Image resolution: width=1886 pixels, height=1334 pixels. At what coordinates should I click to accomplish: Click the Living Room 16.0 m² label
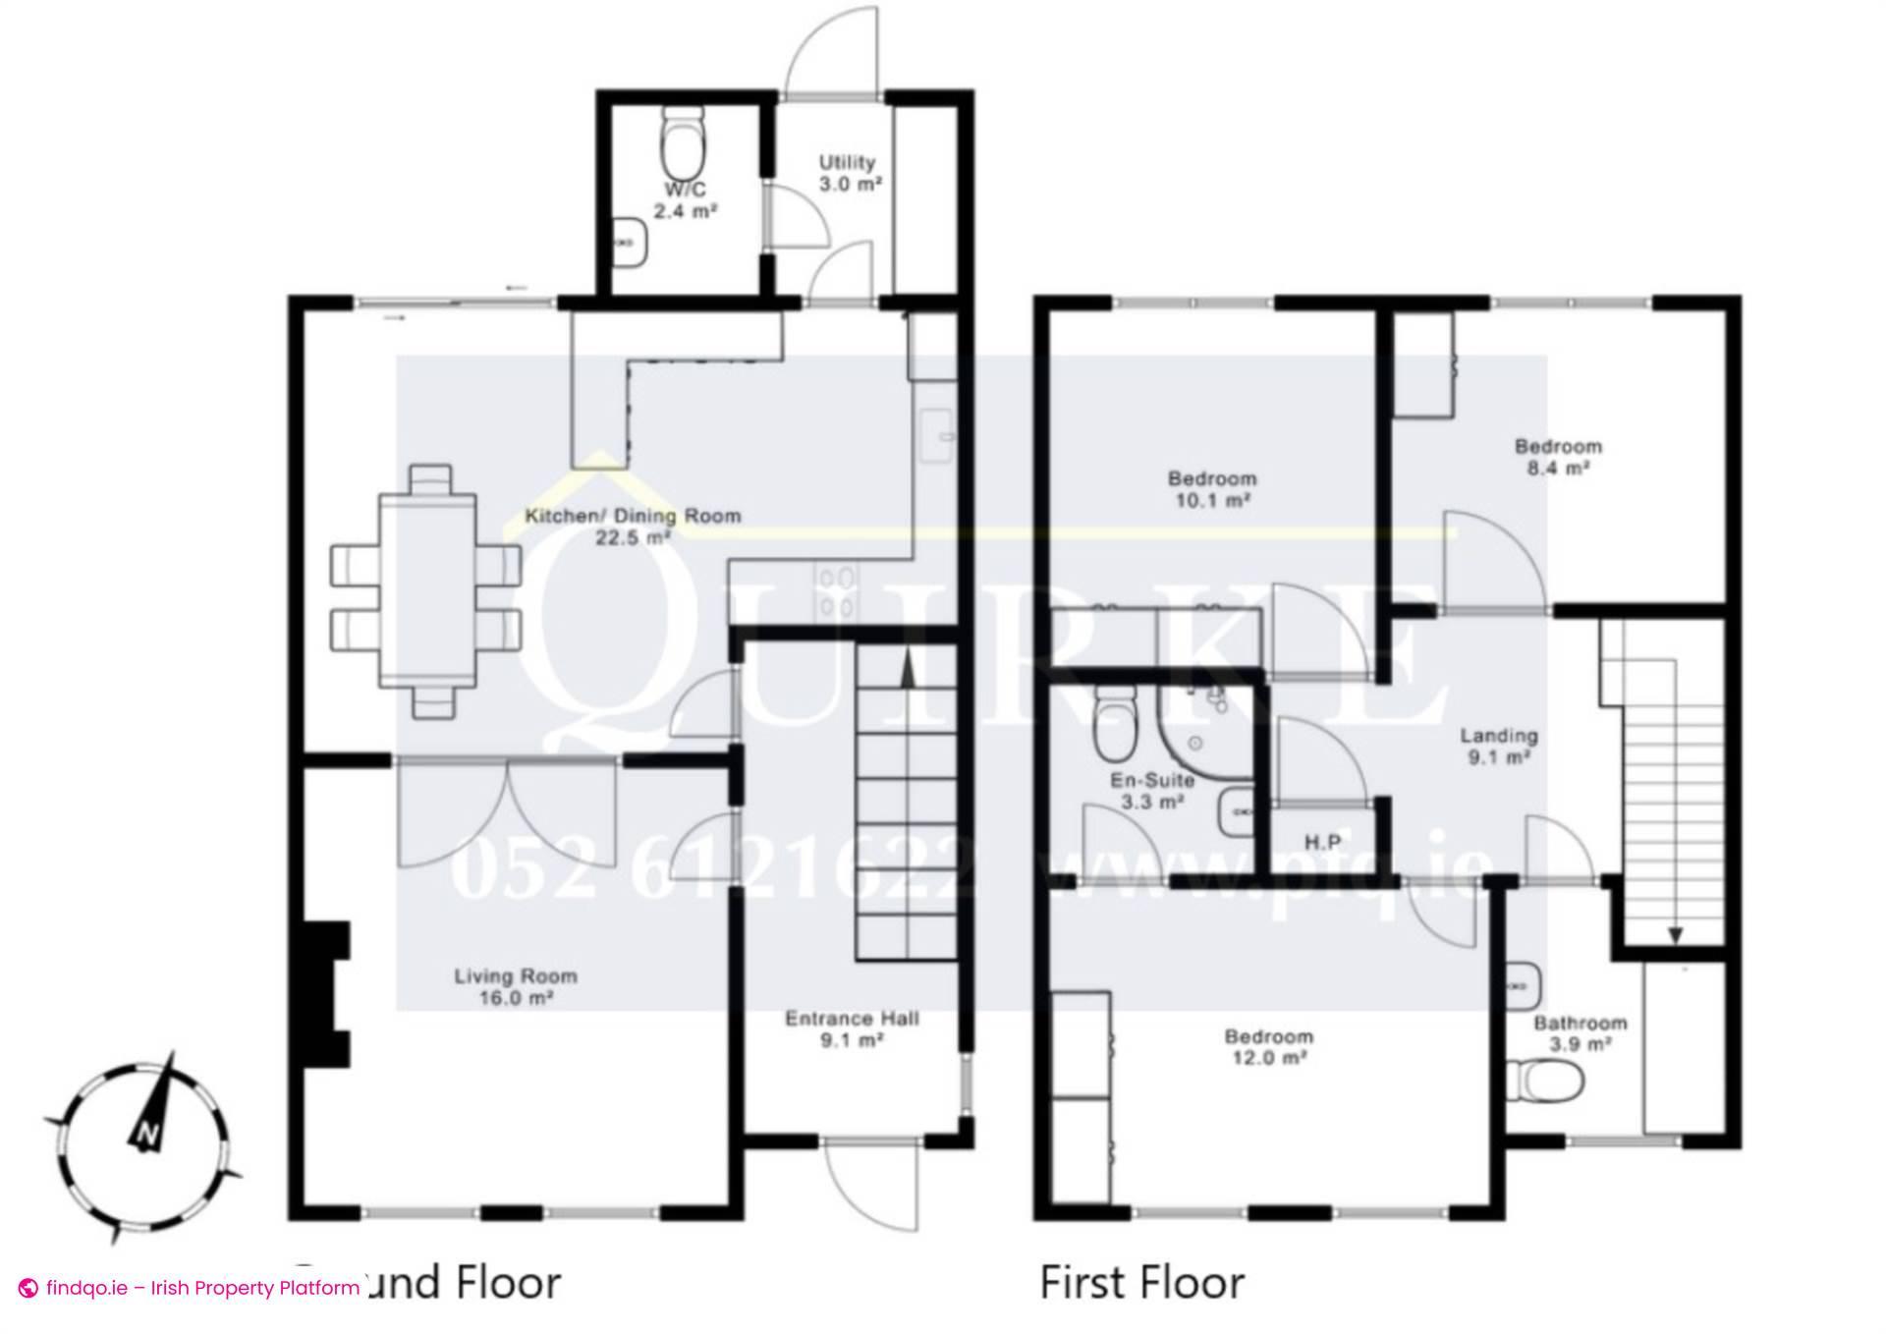(515, 986)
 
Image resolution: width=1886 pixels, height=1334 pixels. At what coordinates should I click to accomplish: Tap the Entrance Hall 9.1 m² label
(852, 1028)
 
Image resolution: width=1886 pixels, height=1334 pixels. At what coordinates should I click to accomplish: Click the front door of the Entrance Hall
(872, 1184)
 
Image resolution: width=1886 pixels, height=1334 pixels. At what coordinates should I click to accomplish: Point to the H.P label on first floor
(1322, 842)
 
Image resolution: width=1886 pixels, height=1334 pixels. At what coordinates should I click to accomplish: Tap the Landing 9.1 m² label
(1498, 746)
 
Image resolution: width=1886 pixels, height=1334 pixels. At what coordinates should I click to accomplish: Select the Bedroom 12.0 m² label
(1268, 1046)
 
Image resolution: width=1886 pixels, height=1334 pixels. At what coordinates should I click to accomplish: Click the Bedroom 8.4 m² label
(1558, 457)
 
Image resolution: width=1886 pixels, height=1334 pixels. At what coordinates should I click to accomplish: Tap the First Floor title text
(1141, 1282)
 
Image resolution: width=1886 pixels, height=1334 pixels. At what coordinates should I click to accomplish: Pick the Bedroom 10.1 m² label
(1211, 488)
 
